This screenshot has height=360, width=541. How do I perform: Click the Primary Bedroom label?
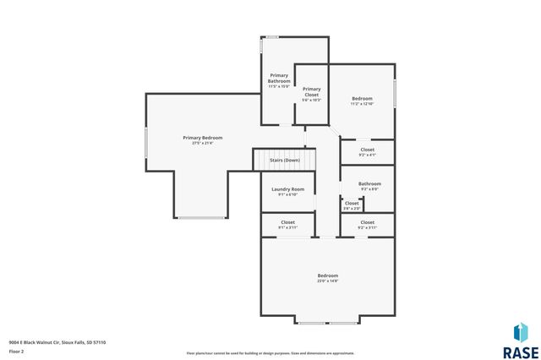coord(203,137)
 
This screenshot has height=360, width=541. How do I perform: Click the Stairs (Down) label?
coord(285,160)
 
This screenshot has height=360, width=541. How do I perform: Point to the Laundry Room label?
coord(287,189)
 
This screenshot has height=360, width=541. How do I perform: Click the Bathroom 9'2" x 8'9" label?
coord(369,183)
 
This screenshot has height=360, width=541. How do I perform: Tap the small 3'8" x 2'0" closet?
coord(352,204)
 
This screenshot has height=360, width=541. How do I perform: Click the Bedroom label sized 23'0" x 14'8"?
coord(328,275)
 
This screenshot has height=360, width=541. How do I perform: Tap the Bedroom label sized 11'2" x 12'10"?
coord(362,99)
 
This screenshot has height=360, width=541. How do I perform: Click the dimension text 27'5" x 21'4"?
coord(203,142)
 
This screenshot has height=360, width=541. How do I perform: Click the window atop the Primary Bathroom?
coord(272,36)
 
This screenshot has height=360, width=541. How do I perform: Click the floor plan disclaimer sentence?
coord(270,352)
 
